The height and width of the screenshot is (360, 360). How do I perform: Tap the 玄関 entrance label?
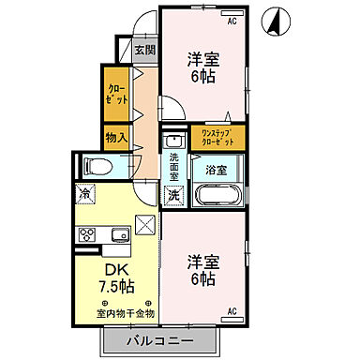pyautogui.click(x=143, y=51)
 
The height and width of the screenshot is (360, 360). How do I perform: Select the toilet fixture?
pyautogui.click(x=97, y=167)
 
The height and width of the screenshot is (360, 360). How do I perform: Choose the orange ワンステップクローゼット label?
pyautogui.click(x=217, y=138)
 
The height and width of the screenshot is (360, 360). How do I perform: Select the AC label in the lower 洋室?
pyautogui.click(x=232, y=308)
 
